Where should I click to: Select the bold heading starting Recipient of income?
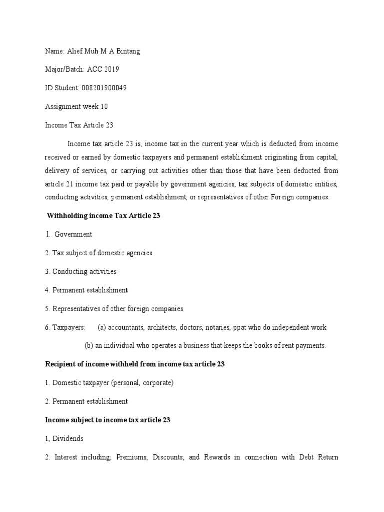(x=134, y=364)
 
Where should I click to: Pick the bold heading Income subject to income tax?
(x=107, y=420)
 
